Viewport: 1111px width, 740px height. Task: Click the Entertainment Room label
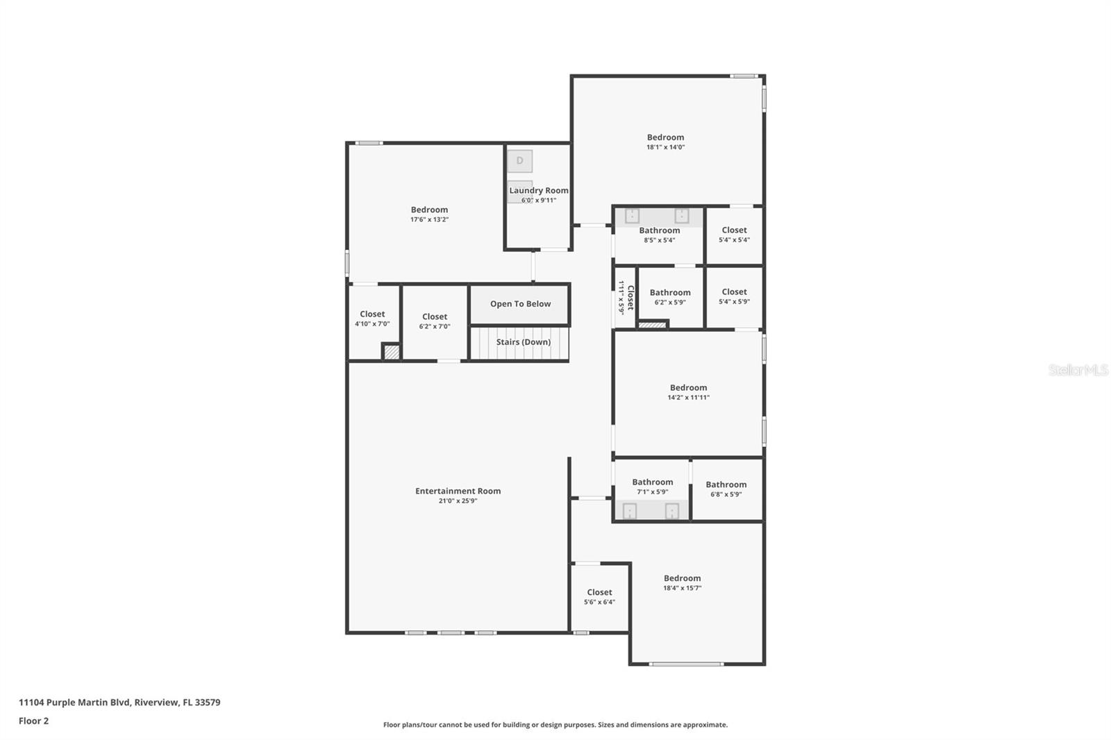click(458, 491)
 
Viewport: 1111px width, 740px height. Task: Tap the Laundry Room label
click(539, 190)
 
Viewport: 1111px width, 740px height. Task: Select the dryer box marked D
click(520, 161)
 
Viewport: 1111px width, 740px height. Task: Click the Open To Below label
click(520, 304)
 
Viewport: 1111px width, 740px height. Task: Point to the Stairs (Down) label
click(524, 342)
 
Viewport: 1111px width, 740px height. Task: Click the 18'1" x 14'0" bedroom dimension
click(666, 147)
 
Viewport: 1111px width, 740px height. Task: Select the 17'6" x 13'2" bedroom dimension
click(430, 220)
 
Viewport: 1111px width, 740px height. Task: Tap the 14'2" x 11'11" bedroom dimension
click(688, 398)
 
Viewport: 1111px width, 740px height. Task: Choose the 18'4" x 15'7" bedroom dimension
click(683, 588)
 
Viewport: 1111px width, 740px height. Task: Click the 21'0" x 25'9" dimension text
click(458, 501)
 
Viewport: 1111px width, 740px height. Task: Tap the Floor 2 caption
click(34, 721)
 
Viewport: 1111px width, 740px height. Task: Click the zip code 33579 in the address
click(208, 703)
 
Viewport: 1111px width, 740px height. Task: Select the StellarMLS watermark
click(1078, 370)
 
